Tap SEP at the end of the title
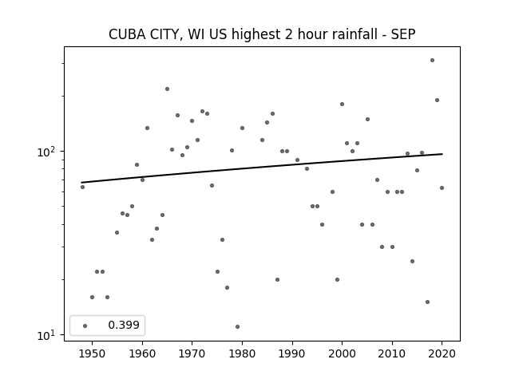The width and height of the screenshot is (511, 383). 403,34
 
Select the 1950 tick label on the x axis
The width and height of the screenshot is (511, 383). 92,353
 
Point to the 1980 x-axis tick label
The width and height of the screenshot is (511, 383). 242,353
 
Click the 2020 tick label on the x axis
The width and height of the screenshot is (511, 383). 442,353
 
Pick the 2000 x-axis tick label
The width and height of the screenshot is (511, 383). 342,353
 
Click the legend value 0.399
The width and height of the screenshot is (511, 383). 124,325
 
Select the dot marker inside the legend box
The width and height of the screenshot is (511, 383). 85,326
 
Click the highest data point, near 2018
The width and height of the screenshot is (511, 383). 432,61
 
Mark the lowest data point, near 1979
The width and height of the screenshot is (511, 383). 237,326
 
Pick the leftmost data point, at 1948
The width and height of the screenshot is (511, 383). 82,187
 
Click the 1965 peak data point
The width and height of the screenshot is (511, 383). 167,89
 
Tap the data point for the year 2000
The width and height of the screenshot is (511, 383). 342,105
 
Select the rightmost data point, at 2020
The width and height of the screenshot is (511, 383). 442,188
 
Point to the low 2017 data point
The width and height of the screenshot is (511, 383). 427,302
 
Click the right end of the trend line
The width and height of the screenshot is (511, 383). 442,154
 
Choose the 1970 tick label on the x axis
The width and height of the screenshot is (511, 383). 192,353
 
